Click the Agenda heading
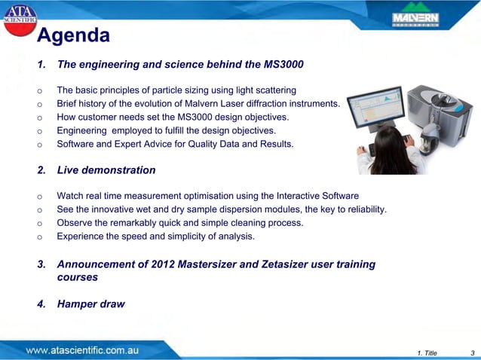click(73, 35)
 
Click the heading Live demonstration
click(106, 170)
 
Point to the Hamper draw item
click(91, 304)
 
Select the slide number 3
click(471, 352)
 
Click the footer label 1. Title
click(427, 352)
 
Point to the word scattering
click(274, 90)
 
